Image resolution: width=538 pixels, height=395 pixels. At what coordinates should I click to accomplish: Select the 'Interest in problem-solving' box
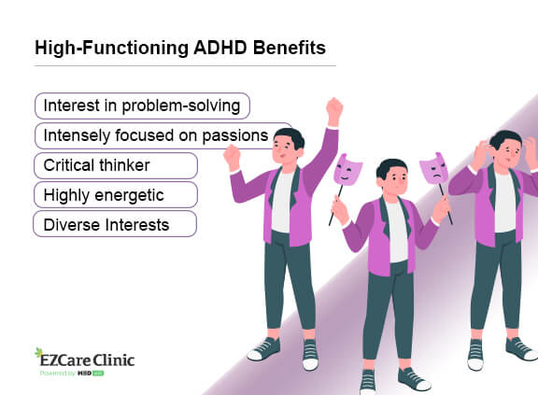[x=142, y=106]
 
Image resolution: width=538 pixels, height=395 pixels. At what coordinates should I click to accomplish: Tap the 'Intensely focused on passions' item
[x=163, y=136]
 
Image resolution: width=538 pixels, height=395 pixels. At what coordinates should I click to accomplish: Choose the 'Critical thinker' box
[x=115, y=165]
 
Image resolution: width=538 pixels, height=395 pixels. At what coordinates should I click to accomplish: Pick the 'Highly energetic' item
[x=115, y=194]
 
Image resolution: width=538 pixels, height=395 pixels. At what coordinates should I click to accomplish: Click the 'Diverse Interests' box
[x=114, y=224]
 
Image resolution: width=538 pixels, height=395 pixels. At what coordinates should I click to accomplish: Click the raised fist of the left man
[x=334, y=110]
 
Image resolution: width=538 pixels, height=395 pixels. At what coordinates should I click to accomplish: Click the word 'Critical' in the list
[x=71, y=165]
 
